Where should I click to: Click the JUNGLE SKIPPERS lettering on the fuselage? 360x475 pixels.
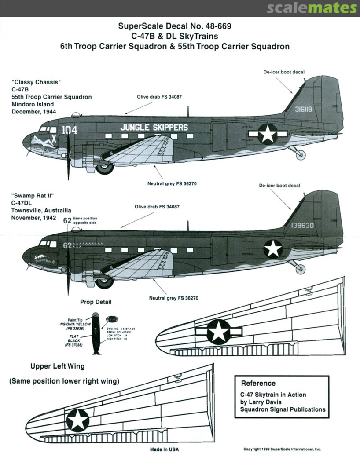click(x=154, y=128)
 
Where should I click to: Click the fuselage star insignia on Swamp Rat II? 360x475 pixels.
click(x=273, y=249)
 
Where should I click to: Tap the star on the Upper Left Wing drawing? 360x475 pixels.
click(x=77, y=420)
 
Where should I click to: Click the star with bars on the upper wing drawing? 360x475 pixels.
click(x=218, y=331)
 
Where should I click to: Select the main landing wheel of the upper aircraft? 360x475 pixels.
click(x=105, y=167)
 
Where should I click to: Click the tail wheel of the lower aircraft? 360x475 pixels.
click(x=301, y=269)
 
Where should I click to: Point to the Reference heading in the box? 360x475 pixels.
click(x=258, y=383)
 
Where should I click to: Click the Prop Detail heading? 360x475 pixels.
click(x=96, y=302)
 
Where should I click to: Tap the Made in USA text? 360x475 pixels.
click(x=164, y=449)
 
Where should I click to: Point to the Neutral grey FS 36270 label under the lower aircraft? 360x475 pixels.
click(x=174, y=298)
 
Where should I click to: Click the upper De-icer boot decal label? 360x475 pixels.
click(x=284, y=72)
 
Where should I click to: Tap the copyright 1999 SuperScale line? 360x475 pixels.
click(x=282, y=449)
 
